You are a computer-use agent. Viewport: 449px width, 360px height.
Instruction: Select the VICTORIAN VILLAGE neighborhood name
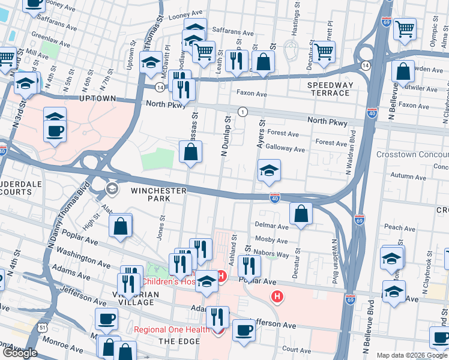click(x=130, y=298)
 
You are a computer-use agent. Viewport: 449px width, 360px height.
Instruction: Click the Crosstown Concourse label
click(x=412, y=155)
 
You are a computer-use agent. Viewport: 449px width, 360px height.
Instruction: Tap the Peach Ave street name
click(x=400, y=227)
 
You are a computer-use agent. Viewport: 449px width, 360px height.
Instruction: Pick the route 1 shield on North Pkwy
click(x=243, y=112)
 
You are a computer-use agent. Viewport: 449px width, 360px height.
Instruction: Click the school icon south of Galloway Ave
click(x=269, y=170)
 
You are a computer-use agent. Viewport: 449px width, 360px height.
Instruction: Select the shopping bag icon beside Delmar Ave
click(x=301, y=214)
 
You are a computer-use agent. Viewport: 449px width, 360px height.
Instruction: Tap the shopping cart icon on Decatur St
click(x=324, y=52)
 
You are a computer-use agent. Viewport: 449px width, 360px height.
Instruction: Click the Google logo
click(x=20, y=353)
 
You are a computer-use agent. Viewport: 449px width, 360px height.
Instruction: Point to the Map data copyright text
click(x=412, y=355)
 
